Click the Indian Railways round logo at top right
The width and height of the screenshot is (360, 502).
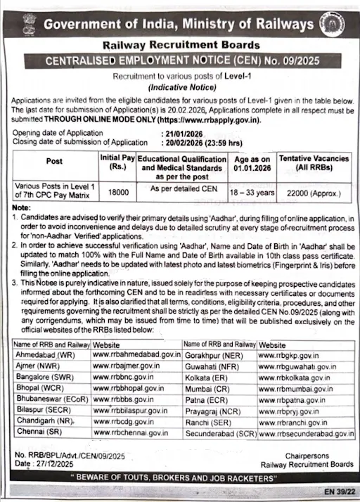[x=333, y=26]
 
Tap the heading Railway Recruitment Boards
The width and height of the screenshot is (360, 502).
[x=180, y=44]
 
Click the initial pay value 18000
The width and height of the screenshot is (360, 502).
[x=115, y=190]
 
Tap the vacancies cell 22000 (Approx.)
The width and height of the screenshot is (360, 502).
[x=314, y=190]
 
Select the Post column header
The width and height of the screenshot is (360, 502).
[x=54, y=161]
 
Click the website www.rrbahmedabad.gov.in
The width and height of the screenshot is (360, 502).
[x=136, y=355]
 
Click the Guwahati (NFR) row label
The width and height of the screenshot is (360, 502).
[x=212, y=366]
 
